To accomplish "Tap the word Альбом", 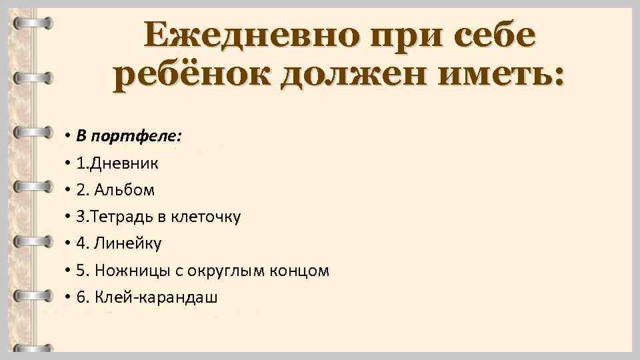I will click(125, 190).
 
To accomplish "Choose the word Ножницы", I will click(127, 271).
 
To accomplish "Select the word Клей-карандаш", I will click(156, 298).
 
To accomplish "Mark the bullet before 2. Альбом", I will click(69, 191).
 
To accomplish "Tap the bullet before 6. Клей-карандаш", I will click(69, 298).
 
